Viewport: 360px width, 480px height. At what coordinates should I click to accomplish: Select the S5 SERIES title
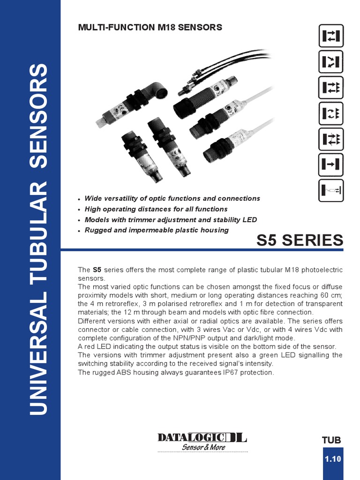point(300,240)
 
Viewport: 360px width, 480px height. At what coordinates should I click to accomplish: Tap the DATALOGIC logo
point(202,437)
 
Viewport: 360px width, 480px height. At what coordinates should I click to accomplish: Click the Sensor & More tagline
point(203,447)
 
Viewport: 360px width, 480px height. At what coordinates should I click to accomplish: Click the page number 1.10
point(333,459)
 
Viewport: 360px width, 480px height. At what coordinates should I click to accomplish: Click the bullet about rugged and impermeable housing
point(156,230)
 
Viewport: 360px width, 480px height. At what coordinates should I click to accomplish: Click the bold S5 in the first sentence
point(97,270)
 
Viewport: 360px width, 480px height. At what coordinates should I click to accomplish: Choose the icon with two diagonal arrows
point(331,61)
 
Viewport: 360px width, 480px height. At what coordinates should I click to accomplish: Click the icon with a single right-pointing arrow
point(331,164)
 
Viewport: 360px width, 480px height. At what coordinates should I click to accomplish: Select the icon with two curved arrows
point(331,113)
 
